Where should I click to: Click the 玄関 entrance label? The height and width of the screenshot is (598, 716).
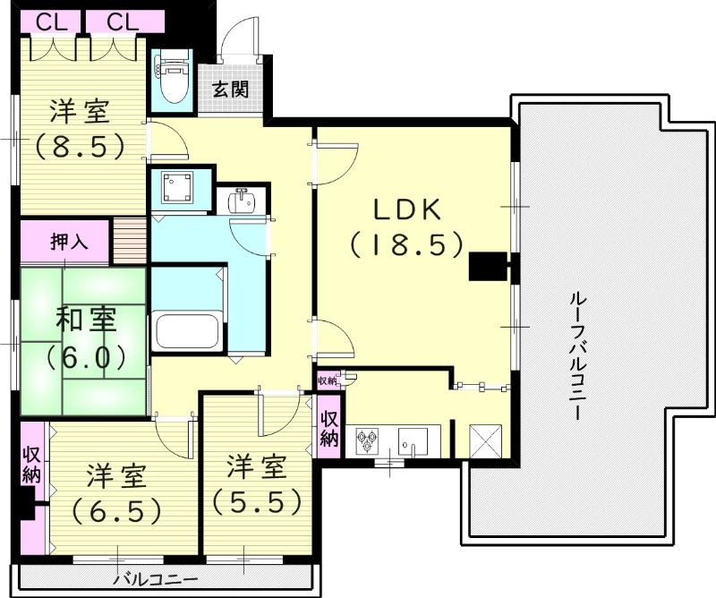click(x=231, y=90)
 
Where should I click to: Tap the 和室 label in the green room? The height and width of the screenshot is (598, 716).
click(x=82, y=320)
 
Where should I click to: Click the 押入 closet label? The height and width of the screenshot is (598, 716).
click(x=66, y=241)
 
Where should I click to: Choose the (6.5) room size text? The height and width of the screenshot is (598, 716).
click(x=117, y=510)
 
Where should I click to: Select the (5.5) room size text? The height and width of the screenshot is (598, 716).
click(x=256, y=500)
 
